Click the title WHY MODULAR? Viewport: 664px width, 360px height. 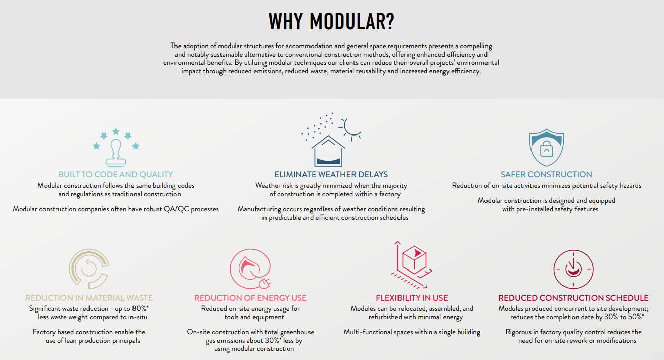click(331, 21)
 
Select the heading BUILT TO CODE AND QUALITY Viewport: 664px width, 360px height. click(116, 175)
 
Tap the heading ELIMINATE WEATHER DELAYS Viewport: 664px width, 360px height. click(331, 175)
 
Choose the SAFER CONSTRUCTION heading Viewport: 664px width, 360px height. click(546, 175)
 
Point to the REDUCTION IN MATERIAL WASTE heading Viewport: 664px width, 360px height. click(89, 298)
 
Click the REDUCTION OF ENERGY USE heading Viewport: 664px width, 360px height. click(250, 298)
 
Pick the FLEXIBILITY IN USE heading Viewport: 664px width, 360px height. click(412, 298)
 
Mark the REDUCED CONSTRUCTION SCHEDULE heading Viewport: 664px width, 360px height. click(573, 298)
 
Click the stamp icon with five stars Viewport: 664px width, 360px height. click(116, 148)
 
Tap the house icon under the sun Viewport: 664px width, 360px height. click(328, 150)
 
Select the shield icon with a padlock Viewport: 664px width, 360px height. click(546, 147)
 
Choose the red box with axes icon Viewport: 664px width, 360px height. click(413, 261)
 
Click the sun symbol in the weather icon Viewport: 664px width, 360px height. click(350, 128)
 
